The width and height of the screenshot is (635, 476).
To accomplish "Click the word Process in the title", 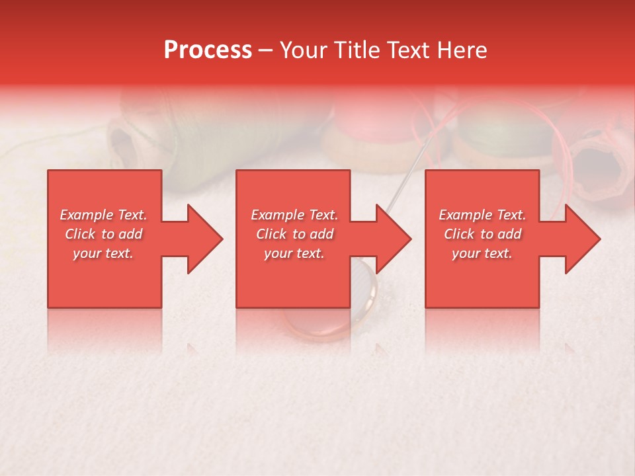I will (208, 50).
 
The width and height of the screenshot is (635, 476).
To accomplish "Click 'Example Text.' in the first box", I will (103, 215).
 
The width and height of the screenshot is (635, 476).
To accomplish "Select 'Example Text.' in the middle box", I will (294, 215).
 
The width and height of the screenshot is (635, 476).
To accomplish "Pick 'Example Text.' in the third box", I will (482, 215).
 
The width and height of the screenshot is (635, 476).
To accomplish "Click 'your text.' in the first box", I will (103, 253).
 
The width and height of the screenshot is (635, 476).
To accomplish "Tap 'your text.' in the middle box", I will (294, 253).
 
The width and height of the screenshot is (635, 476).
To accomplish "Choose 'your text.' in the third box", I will (482, 253).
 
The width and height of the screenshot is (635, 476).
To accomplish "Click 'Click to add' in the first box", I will (103, 234).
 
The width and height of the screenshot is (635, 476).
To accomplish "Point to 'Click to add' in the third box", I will (482, 234).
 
